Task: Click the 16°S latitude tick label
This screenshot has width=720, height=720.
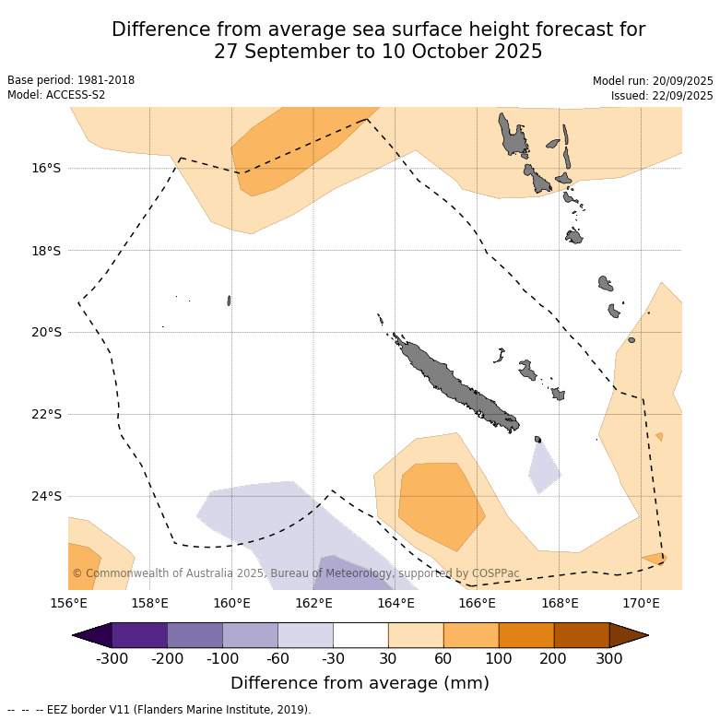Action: point(46,168)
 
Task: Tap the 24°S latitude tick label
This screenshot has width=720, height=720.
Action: point(46,496)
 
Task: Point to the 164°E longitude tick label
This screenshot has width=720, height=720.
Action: point(395,604)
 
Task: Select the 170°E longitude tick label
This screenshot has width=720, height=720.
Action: point(641,604)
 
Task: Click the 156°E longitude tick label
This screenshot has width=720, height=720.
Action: point(68,604)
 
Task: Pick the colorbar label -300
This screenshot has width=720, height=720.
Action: point(112,658)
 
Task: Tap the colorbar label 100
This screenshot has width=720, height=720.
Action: point(499,658)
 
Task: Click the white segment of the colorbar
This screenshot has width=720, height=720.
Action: point(360,635)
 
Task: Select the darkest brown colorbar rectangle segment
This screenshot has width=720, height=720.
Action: point(581,635)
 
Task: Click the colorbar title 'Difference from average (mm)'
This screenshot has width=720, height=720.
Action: point(360,683)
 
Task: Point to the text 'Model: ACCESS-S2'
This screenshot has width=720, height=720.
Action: point(56,95)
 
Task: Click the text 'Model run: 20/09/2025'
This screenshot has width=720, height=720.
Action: point(653,81)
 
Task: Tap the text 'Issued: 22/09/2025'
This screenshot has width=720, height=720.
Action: point(661,96)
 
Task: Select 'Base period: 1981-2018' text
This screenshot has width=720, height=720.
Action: point(71,80)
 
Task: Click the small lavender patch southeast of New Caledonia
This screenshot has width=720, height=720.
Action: point(544,468)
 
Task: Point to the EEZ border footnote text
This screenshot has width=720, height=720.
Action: point(159,710)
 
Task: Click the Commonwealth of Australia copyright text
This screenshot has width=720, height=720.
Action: point(295,573)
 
